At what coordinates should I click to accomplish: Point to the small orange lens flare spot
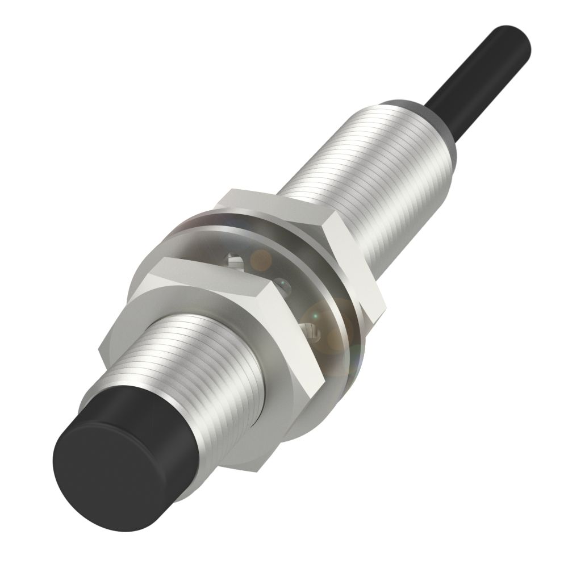262,259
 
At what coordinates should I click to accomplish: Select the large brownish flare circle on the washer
327,327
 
